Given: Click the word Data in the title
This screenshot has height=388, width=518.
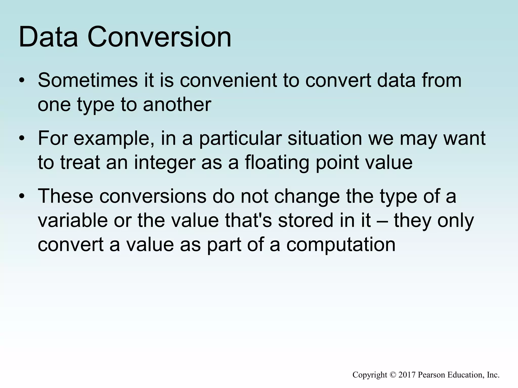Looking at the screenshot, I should pos(48,37).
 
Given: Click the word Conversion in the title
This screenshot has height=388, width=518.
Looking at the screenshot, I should pos(159,37).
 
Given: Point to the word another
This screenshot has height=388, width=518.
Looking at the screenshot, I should pos(177,105).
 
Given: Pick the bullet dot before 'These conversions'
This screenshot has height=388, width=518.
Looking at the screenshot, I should pos(22,196).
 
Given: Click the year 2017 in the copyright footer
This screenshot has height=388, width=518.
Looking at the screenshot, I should pos(407,375).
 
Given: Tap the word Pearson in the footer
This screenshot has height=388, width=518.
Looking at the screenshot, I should pos(431,375).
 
